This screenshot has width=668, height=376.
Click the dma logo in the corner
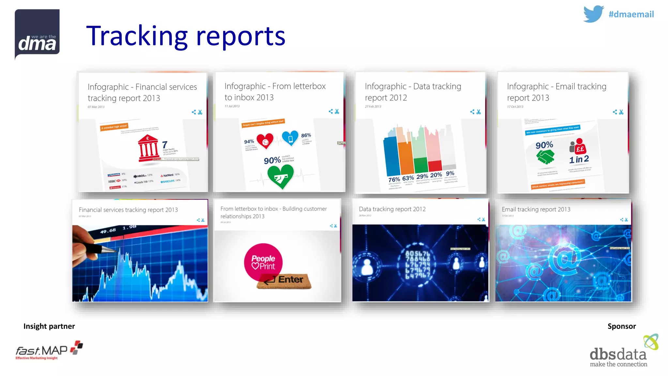click(x=37, y=34)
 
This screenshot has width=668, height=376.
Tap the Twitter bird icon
click(x=593, y=14)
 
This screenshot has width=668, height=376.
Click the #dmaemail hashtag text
click(x=631, y=14)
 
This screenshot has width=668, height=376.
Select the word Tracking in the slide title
click(x=137, y=36)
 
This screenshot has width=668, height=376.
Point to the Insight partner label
click(x=49, y=326)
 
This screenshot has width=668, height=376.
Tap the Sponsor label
click(x=621, y=326)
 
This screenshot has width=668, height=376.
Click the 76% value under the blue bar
click(x=394, y=180)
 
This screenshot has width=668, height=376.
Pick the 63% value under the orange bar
click(x=408, y=178)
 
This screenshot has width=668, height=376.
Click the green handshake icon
click(x=545, y=157)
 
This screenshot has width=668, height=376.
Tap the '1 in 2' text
click(x=579, y=159)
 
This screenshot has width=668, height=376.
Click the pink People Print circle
click(x=263, y=262)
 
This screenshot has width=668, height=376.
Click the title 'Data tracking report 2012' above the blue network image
click(x=392, y=209)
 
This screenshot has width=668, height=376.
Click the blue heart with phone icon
click(x=290, y=138)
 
